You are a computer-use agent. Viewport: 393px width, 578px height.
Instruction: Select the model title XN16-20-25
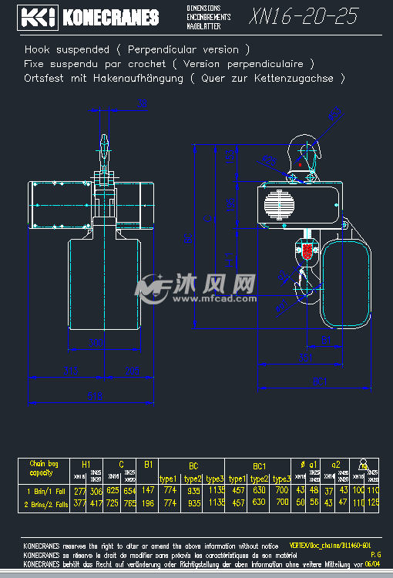[304, 17]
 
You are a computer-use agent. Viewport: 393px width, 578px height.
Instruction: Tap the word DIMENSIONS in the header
[203, 8]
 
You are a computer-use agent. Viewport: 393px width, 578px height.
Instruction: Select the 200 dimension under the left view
[96, 341]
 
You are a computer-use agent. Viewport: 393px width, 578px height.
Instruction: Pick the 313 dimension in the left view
[71, 371]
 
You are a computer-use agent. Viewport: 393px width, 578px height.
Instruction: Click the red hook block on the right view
[307, 251]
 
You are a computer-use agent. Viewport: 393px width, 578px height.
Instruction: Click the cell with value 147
[148, 490]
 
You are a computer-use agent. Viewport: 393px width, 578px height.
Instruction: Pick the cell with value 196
[148, 502]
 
